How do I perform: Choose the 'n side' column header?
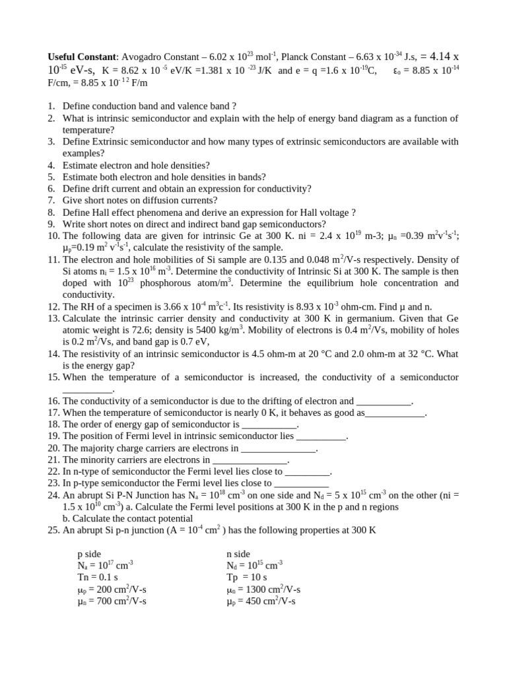coord(238,555)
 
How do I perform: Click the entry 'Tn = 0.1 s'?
coord(98,578)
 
